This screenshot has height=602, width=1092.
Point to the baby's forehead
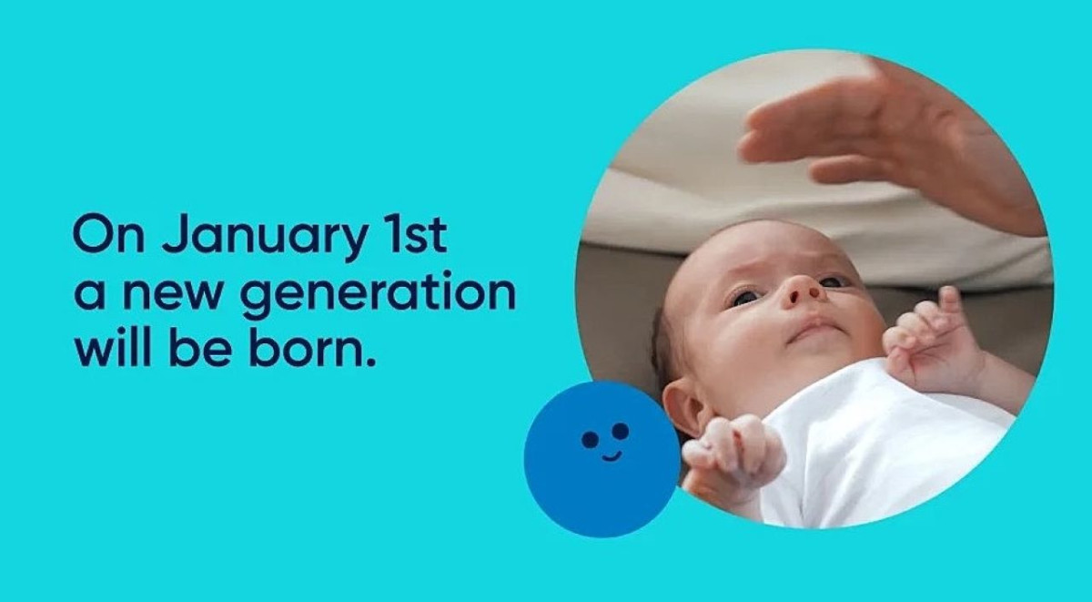tap(728, 255)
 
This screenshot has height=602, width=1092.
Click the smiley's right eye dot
tap(620, 431)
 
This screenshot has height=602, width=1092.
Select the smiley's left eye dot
tap(590, 440)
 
